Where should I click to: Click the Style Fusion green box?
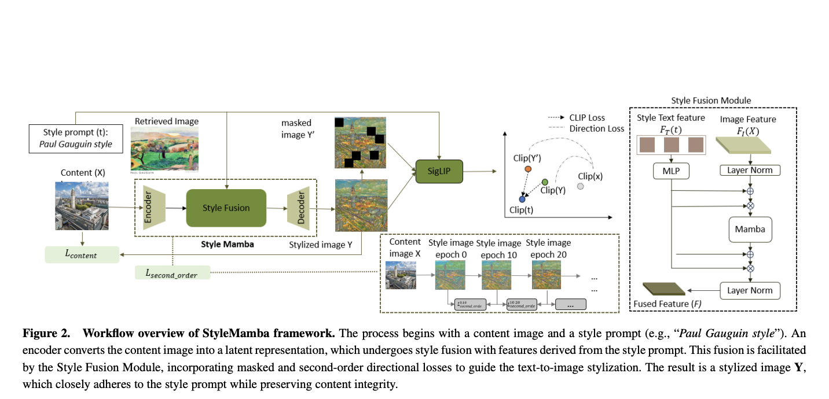(226, 208)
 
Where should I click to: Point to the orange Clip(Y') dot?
(528, 169)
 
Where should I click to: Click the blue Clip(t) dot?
(523, 198)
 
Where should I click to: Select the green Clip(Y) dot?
(545, 182)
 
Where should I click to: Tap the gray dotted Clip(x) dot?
(581, 187)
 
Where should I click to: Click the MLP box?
(672, 171)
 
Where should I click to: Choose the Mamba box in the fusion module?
(750, 229)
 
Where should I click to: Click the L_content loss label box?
(82, 254)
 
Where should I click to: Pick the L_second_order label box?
(172, 273)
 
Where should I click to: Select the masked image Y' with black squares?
(360, 142)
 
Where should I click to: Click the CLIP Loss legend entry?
(586, 117)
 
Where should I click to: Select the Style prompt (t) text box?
(76, 138)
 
